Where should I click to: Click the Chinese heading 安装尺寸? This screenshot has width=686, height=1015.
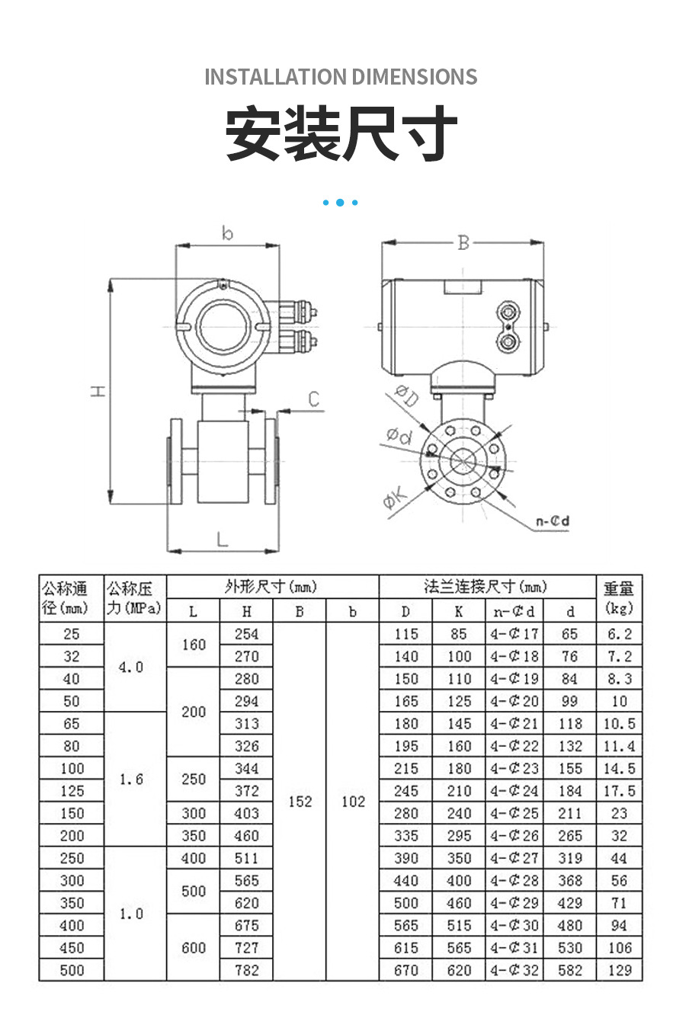click(x=341, y=134)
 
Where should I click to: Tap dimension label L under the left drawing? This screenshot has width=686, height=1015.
click(x=222, y=540)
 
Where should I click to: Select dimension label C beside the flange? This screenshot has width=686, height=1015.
click(x=313, y=399)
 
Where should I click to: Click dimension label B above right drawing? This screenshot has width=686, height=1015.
click(x=463, y=243)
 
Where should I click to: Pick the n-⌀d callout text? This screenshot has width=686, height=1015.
click(x=553, y=521)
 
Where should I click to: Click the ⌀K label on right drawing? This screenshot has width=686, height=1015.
click(x=396, y=500)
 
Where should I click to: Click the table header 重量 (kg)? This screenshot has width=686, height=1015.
click(x=618, y=599)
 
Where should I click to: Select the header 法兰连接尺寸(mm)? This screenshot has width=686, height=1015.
click(x=486, y=587)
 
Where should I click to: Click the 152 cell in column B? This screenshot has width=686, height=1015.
click(x=300, y=802)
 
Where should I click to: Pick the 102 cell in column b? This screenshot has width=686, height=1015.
click(x=353, y=802)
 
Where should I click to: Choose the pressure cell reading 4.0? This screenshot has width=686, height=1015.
click(x=131, y=668)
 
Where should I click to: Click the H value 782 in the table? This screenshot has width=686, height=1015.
click(x=246, y=970)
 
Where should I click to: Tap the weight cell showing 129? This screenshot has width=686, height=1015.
click(x=619, y=970)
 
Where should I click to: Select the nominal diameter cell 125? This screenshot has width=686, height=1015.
click(x=72, y=791)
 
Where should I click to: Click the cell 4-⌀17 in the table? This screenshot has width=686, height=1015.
click(x=514, y=634)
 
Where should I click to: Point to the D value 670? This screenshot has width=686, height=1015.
click(x=406, y=970)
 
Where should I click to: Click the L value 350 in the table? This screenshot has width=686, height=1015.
click(x=193, y=836)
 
